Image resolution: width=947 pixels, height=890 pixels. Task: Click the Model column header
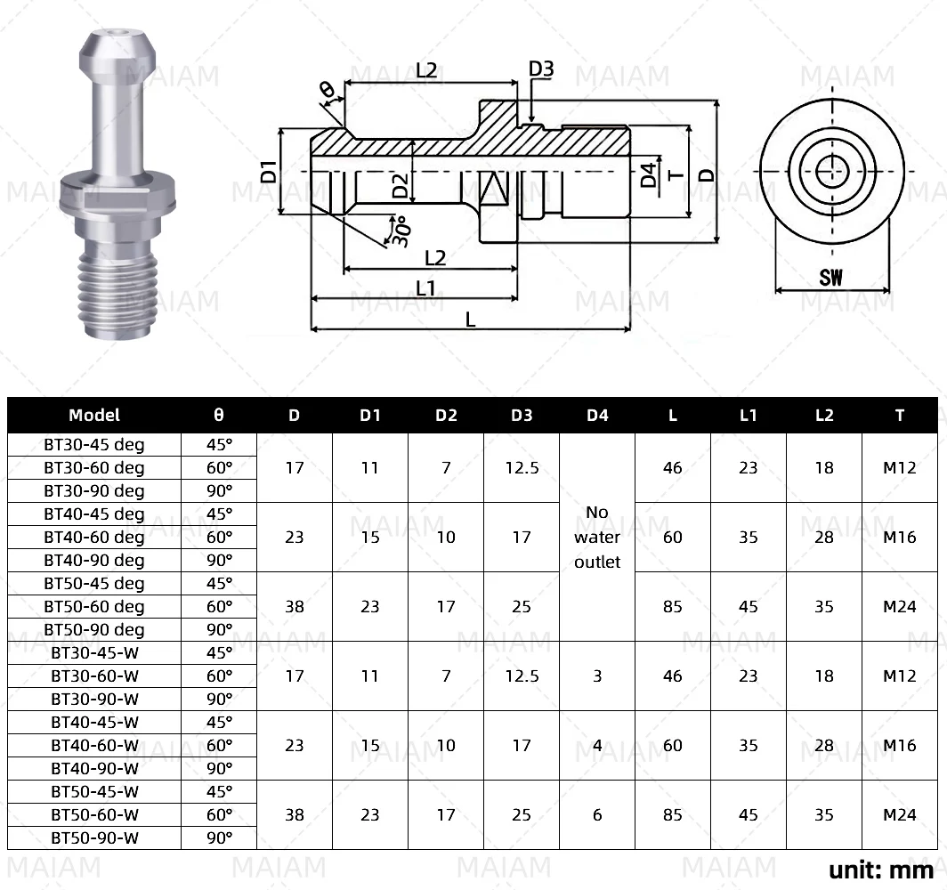tap(94, 415)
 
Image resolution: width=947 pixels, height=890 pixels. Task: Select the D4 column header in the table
tap(597, 415)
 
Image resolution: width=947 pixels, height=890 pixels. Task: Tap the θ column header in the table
tap(219, 415)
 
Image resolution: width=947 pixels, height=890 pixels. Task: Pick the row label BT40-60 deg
tap(94, 537)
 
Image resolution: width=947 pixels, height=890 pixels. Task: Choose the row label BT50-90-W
tap(94, 837)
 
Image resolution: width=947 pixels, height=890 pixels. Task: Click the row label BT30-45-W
tap(94, 652)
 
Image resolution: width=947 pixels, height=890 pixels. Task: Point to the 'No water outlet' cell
tap(597, 537)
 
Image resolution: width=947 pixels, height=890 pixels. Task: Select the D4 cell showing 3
tap(597, 676)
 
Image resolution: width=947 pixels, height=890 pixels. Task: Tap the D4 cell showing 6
tap(597, 814)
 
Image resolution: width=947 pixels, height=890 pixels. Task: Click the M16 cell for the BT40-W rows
tap(900, 745)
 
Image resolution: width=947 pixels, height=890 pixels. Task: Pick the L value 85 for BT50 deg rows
tap(673, 606)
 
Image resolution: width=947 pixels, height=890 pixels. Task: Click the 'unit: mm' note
tap(881, 869)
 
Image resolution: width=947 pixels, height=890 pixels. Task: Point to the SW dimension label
tap(830, 277)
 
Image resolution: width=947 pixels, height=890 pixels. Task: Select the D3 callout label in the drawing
tap(541, 69)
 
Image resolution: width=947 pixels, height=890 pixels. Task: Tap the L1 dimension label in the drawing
tap(425, 288)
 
